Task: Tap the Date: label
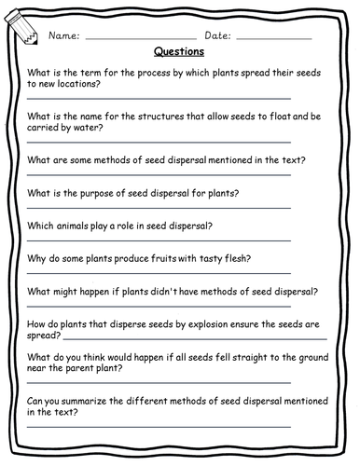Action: click(215, 36)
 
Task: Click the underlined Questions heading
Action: click(179, 53)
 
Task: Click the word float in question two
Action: click(269, 116)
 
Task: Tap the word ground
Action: click(307, 356)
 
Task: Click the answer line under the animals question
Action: click(159, 240)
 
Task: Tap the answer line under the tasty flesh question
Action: click(159, 273)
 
